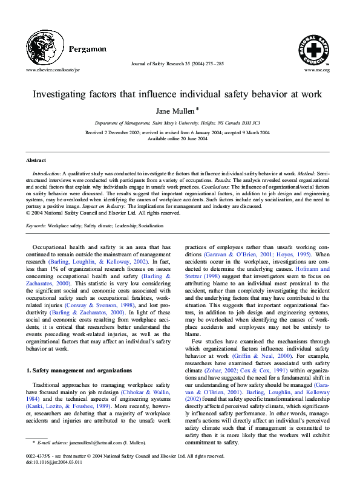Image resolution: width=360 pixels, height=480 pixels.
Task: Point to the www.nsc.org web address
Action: pos(317,70)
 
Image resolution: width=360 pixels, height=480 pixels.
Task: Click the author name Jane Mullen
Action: pos(178,111)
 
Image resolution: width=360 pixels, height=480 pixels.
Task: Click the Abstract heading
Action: pos(36,160)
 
